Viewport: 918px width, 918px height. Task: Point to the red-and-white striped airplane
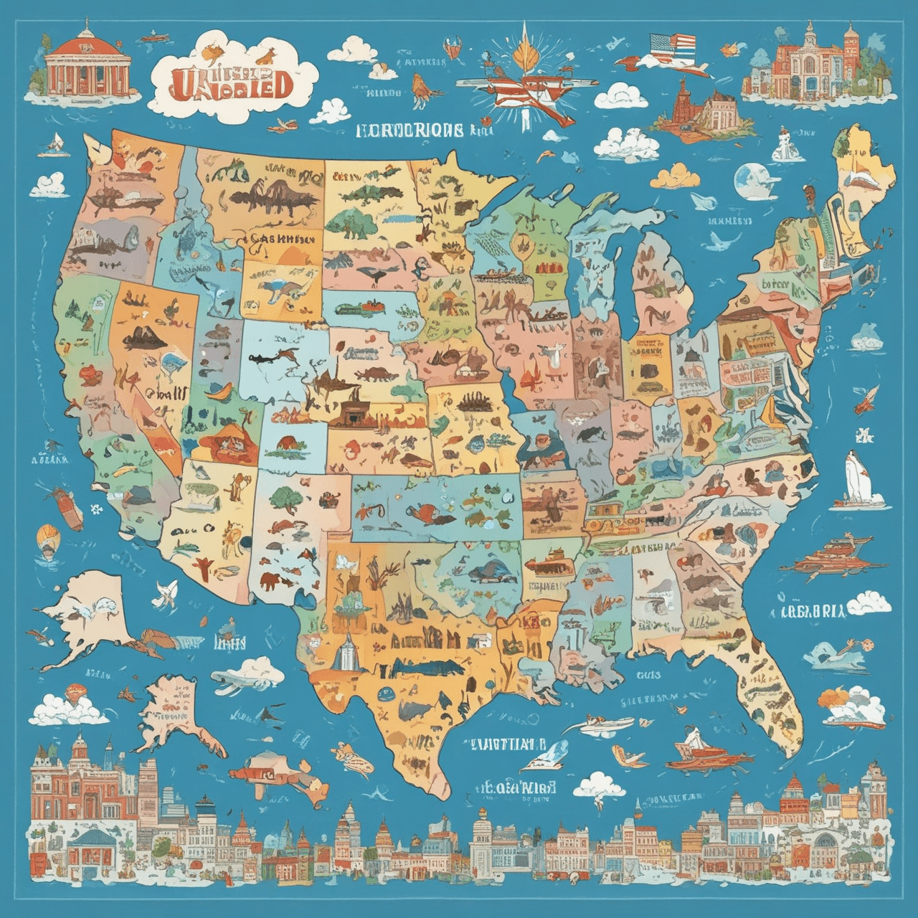[536, 92]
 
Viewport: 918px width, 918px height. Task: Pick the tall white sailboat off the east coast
[855, 477]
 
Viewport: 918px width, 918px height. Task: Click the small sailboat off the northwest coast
[52, 146]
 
